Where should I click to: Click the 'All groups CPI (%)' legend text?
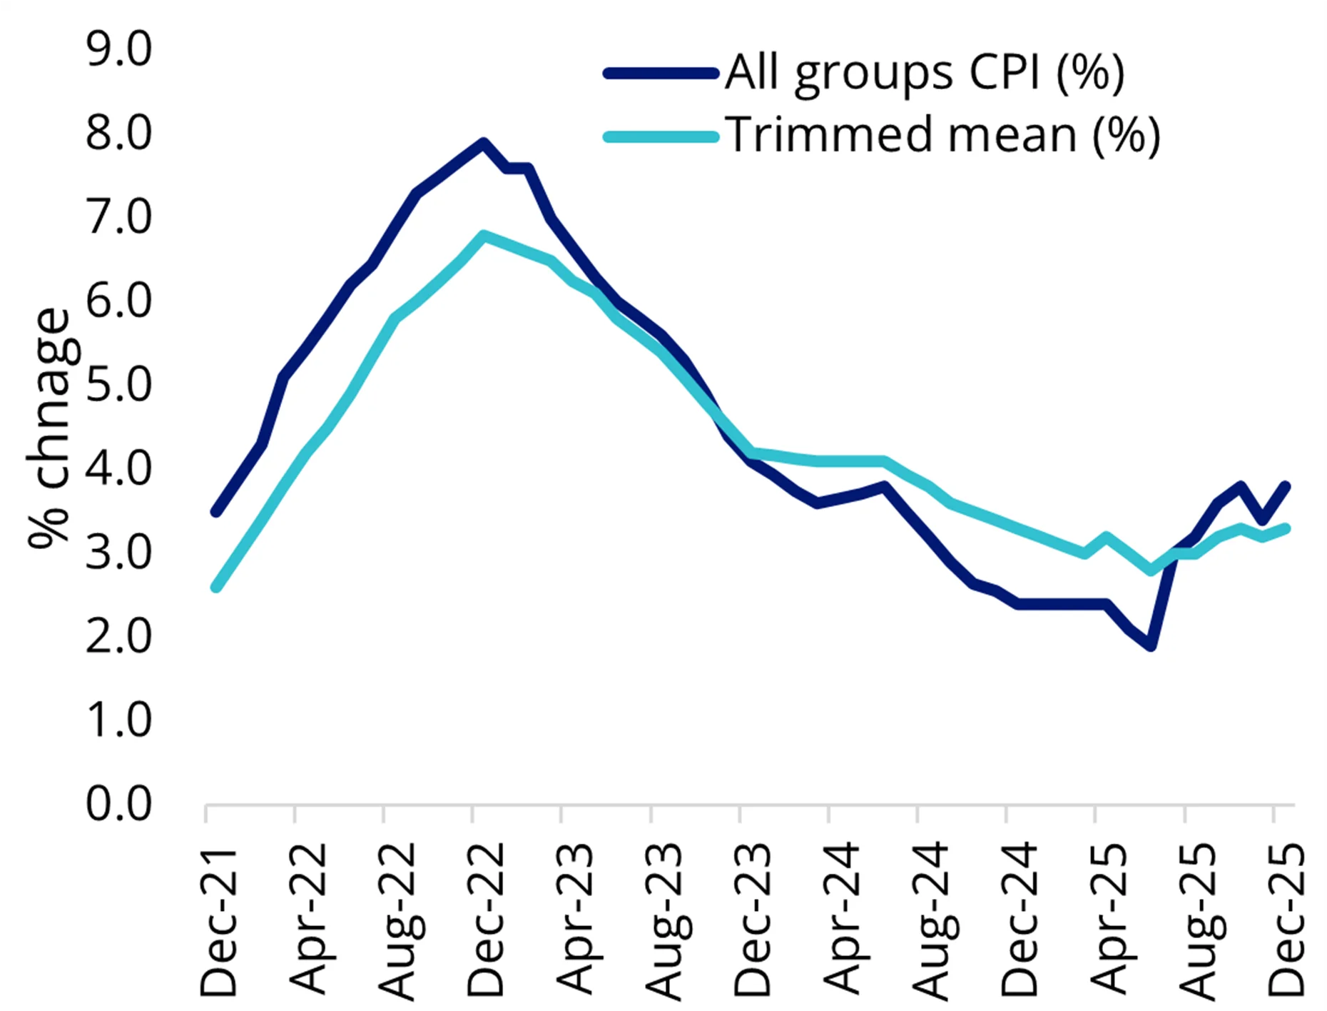tap(925, 73)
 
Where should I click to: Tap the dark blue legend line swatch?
tap(661, 73)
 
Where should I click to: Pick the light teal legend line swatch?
tap(661, 136)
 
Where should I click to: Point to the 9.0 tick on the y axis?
tap(118, 50)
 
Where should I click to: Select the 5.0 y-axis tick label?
tap(118, 385)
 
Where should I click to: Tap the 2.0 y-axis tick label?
tap(118, 636)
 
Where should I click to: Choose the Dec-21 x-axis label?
tap(218, 921)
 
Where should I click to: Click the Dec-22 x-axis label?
tap(485, 921)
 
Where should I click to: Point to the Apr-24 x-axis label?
tap(842, 921)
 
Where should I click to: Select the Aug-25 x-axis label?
tap(1197, 921)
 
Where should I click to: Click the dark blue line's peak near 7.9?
tap(483, 142)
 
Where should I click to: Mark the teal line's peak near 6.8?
tap(484, 235)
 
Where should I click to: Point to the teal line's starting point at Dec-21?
tap(216, 587)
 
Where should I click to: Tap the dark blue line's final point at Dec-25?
tap(1286, 486)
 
